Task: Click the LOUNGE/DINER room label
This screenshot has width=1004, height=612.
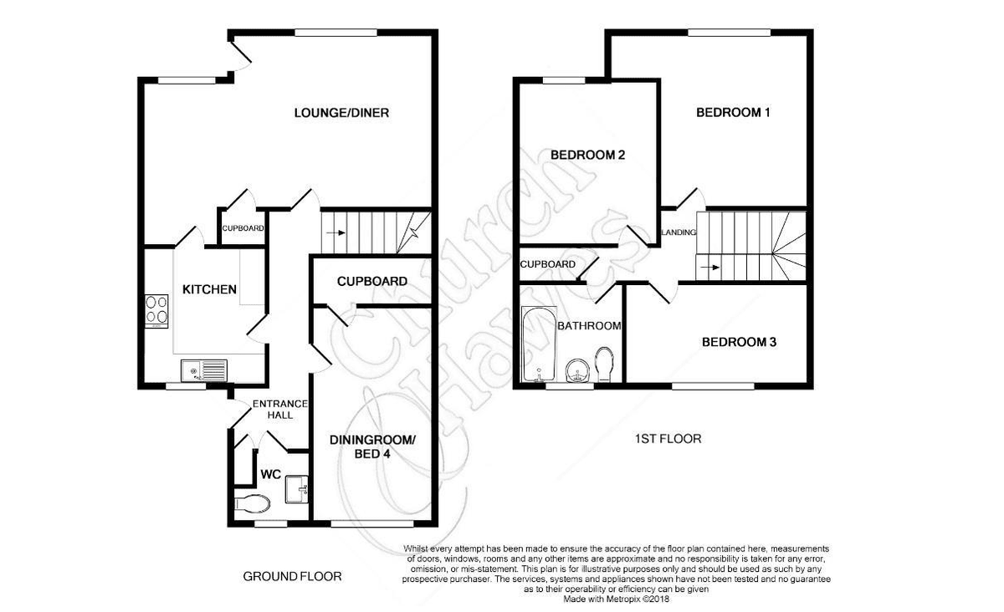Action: (341, 113)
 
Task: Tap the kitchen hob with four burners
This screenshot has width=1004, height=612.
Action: (156, 311)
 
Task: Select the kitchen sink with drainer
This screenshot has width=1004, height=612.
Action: (204, 370)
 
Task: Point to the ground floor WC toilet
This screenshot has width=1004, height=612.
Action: (253, 504)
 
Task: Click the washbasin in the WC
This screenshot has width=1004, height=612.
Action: (297, 489)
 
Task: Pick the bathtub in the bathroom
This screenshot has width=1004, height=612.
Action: (539, 344)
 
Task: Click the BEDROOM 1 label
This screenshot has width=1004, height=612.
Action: (733, 113)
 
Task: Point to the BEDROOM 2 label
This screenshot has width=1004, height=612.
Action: (587, 155)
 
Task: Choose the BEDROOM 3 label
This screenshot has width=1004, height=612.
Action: (739, 342)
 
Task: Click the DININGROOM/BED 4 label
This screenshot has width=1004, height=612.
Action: (372, 446)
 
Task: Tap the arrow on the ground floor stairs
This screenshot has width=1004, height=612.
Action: (336, 233)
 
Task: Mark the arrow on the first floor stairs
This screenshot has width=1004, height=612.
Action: (710, 268)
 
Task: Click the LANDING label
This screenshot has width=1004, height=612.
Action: (679, 232)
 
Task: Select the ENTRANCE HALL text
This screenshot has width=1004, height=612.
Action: (280, 410)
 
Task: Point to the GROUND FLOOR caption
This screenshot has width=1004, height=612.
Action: (292, 577)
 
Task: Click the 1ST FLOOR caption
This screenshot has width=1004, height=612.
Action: (668, 439)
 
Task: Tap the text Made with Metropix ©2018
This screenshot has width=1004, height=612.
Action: (616, 599)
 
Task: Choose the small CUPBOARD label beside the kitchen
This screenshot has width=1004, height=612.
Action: (243, 228)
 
